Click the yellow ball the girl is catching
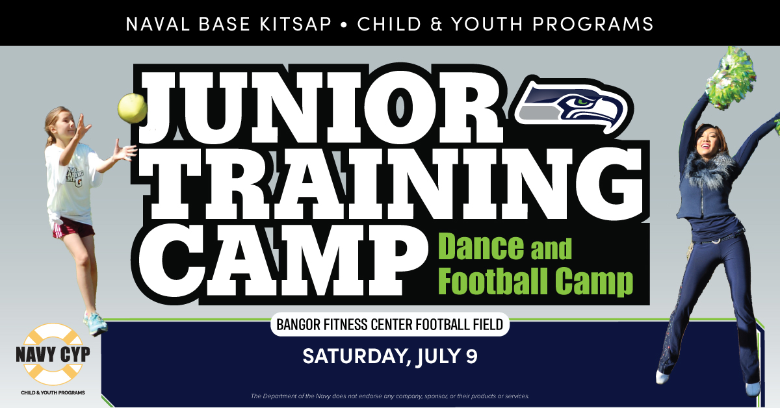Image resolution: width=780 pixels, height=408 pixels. [x=132, y=108]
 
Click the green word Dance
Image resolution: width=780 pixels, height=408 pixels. [x=481, y=246]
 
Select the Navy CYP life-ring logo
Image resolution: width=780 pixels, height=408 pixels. [x=53, y=354]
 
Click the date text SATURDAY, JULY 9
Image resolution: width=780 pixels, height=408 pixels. [x=390, y=356]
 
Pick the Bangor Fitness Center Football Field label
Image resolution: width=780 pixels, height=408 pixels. [x=390, y=324]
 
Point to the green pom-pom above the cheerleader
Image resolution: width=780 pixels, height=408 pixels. [x=731, y=79]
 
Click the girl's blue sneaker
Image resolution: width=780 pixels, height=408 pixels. [x=95, y=323]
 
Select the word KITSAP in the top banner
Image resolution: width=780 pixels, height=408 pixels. [x=295, y=24]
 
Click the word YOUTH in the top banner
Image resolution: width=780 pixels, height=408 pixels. [x=487, y=24]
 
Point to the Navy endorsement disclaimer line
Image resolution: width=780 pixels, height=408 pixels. [x=390, y=396]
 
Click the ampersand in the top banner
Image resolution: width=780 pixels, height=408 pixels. [x=436, y=24]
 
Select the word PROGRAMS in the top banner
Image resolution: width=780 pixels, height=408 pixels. [x=593, y=24]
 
